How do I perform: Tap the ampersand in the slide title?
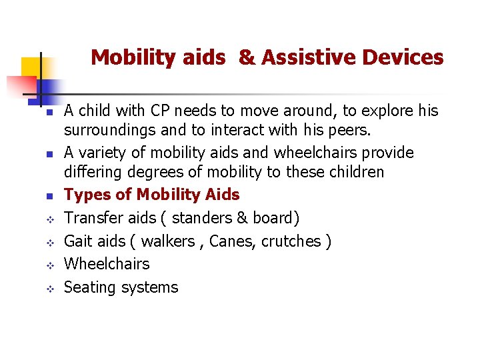click(246, 58)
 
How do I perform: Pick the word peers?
click(341, 129)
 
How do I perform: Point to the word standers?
click(201, 218)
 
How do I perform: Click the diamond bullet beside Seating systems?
click(41, 289)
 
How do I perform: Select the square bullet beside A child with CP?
click(41, 111)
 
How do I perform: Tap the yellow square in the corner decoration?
click(31, 67)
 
